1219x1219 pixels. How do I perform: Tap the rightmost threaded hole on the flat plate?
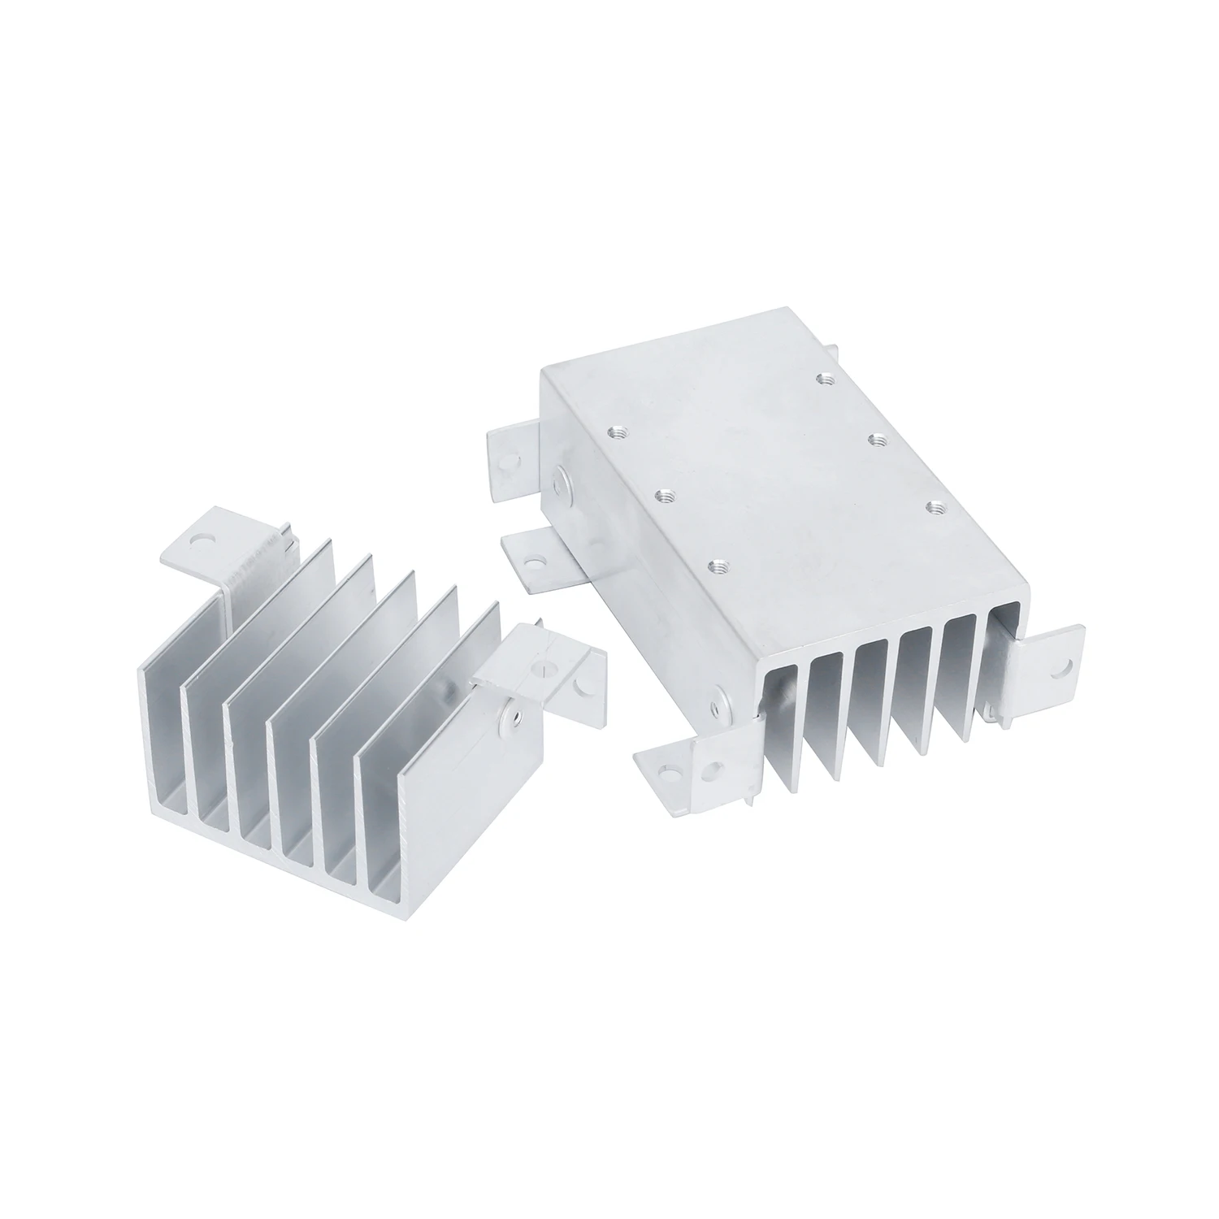(x=932, y=506)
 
